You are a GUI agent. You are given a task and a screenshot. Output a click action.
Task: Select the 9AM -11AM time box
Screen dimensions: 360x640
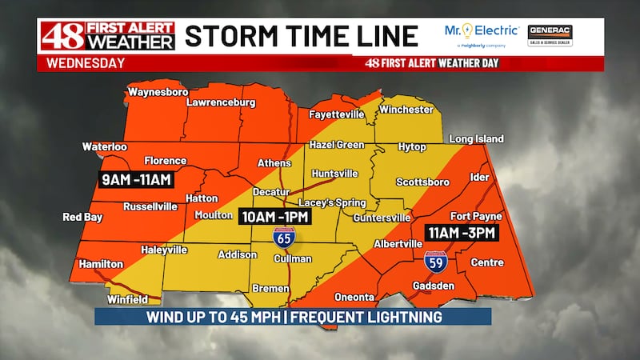pos(136,180)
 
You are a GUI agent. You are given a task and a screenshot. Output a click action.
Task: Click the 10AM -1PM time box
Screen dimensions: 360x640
pos(274,217)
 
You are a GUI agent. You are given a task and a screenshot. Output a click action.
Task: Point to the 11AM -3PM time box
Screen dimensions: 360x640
pos(462,233)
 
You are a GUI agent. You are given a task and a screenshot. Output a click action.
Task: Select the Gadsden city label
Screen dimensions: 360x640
pos(434,286)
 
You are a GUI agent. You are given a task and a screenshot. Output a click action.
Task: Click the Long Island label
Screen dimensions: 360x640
pos(476,138)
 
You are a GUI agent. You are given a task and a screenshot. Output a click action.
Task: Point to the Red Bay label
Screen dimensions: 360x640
pos(83,217)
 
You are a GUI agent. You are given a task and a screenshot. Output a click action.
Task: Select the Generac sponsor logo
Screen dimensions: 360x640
pos(550,35)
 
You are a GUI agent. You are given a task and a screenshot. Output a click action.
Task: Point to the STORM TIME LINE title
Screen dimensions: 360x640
pos(302,36)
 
